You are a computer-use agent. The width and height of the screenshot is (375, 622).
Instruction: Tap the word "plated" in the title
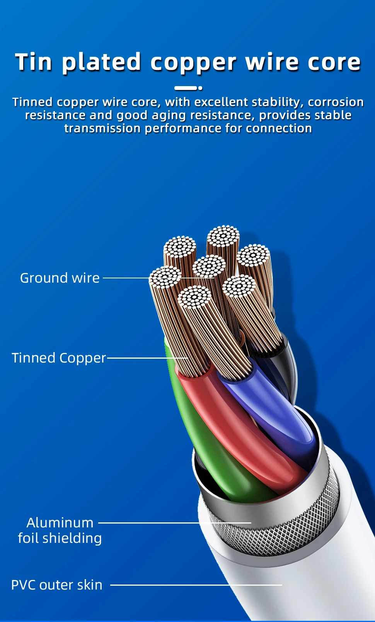click(x=101, y=63)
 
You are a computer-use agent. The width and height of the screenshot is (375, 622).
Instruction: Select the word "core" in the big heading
click(x=334, y=63)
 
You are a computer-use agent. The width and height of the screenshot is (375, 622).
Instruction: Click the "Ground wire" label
click(x=60, y=278)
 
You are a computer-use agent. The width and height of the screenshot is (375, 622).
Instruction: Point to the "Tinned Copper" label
click(x=59, y=358)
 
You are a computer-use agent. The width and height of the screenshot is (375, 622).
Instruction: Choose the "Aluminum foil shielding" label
click(x=60, y=530)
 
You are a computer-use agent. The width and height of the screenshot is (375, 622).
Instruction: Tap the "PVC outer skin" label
click(x=57, y=585)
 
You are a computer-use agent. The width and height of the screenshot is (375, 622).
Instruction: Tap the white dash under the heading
click(x=185, y=88)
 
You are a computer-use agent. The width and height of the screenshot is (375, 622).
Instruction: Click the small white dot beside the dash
click(x=200, y=88)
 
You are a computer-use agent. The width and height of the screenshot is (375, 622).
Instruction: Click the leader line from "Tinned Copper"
click(x=147, y=358)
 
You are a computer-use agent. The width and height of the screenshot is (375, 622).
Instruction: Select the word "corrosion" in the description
click(x=336, y=102)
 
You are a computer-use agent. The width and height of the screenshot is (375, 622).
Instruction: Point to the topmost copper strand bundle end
click(x=223, y=236)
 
